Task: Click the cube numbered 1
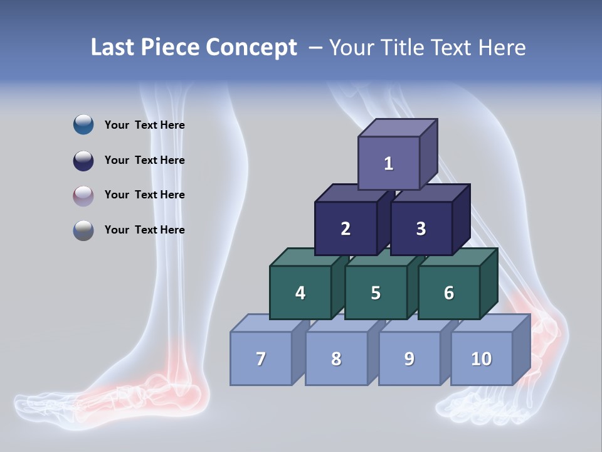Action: coord(389,163)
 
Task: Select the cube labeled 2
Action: coord(346,229)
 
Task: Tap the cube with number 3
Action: coord(421,229)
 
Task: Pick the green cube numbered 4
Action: coord(300,293)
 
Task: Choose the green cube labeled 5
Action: coord(376,293)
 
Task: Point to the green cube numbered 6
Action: coord(449,293)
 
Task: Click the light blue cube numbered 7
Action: coord(261,358)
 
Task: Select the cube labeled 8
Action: coord(336,358)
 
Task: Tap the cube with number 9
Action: coord(409,358)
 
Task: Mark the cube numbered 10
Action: coord(482,358)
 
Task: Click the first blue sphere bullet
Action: coord(83,125)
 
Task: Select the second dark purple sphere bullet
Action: coord(83,160)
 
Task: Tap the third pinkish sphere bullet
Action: coord(83,195)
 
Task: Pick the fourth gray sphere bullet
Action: coord(83,230)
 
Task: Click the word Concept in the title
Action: coord(251,48)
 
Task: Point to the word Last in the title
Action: coord(114,48)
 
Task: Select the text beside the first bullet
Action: coord(145,125)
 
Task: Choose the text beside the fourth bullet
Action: coord(145,230)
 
